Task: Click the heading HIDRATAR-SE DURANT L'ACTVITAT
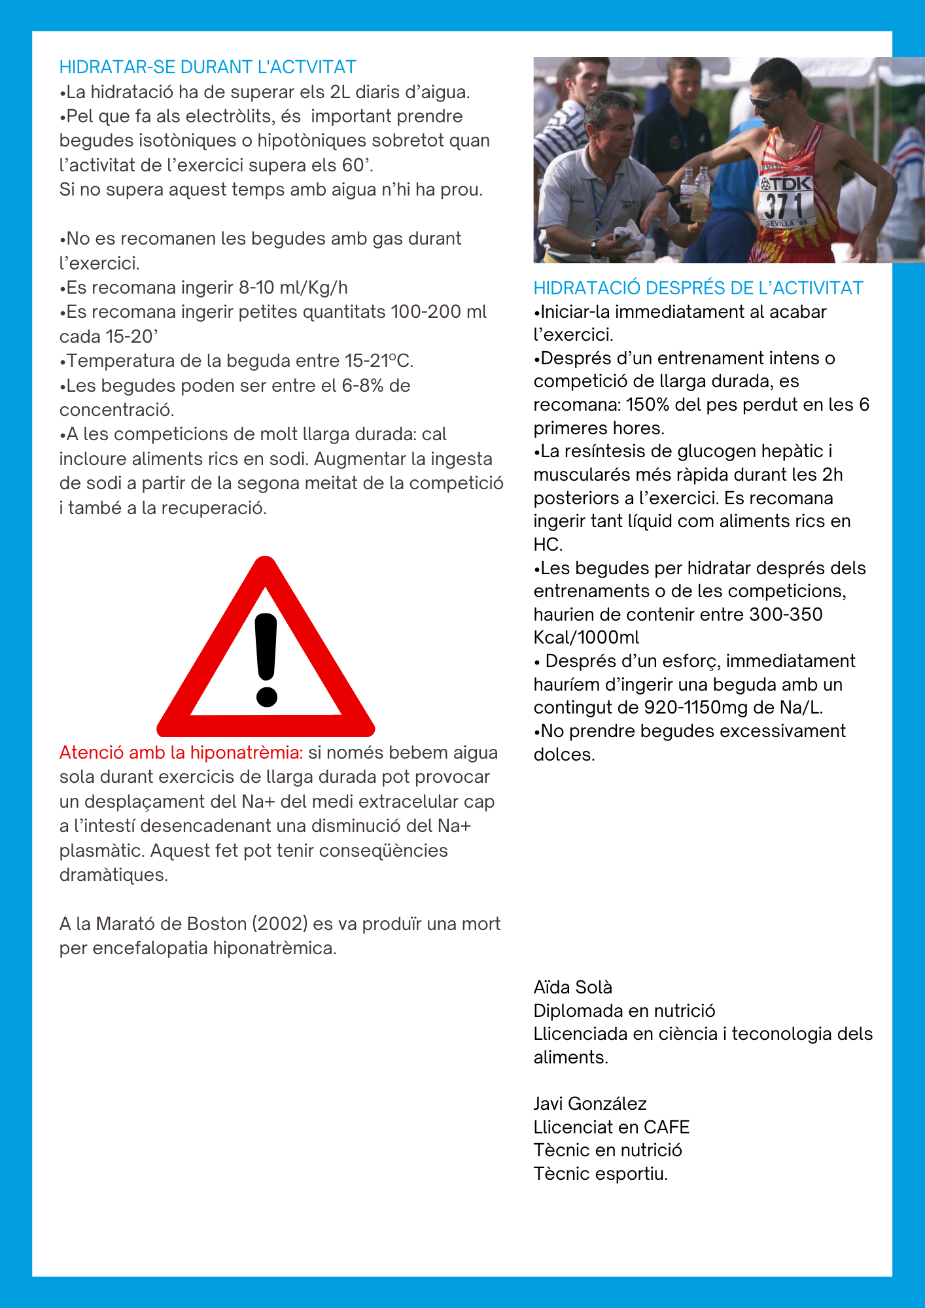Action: click(x=207, y=67)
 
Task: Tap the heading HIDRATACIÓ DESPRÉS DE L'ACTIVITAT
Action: click(x=698, y=288)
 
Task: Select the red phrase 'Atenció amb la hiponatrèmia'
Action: click(x=181, y=753)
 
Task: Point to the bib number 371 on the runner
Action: click(x=784, y=206)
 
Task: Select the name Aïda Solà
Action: click(x=572, y=988)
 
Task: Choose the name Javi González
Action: click(x=589, y=1104)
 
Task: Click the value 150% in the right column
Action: click(x=647, y=405)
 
